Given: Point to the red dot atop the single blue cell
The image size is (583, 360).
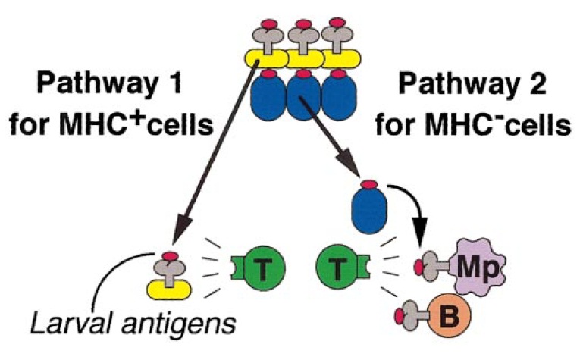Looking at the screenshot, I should coord(369,184).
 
